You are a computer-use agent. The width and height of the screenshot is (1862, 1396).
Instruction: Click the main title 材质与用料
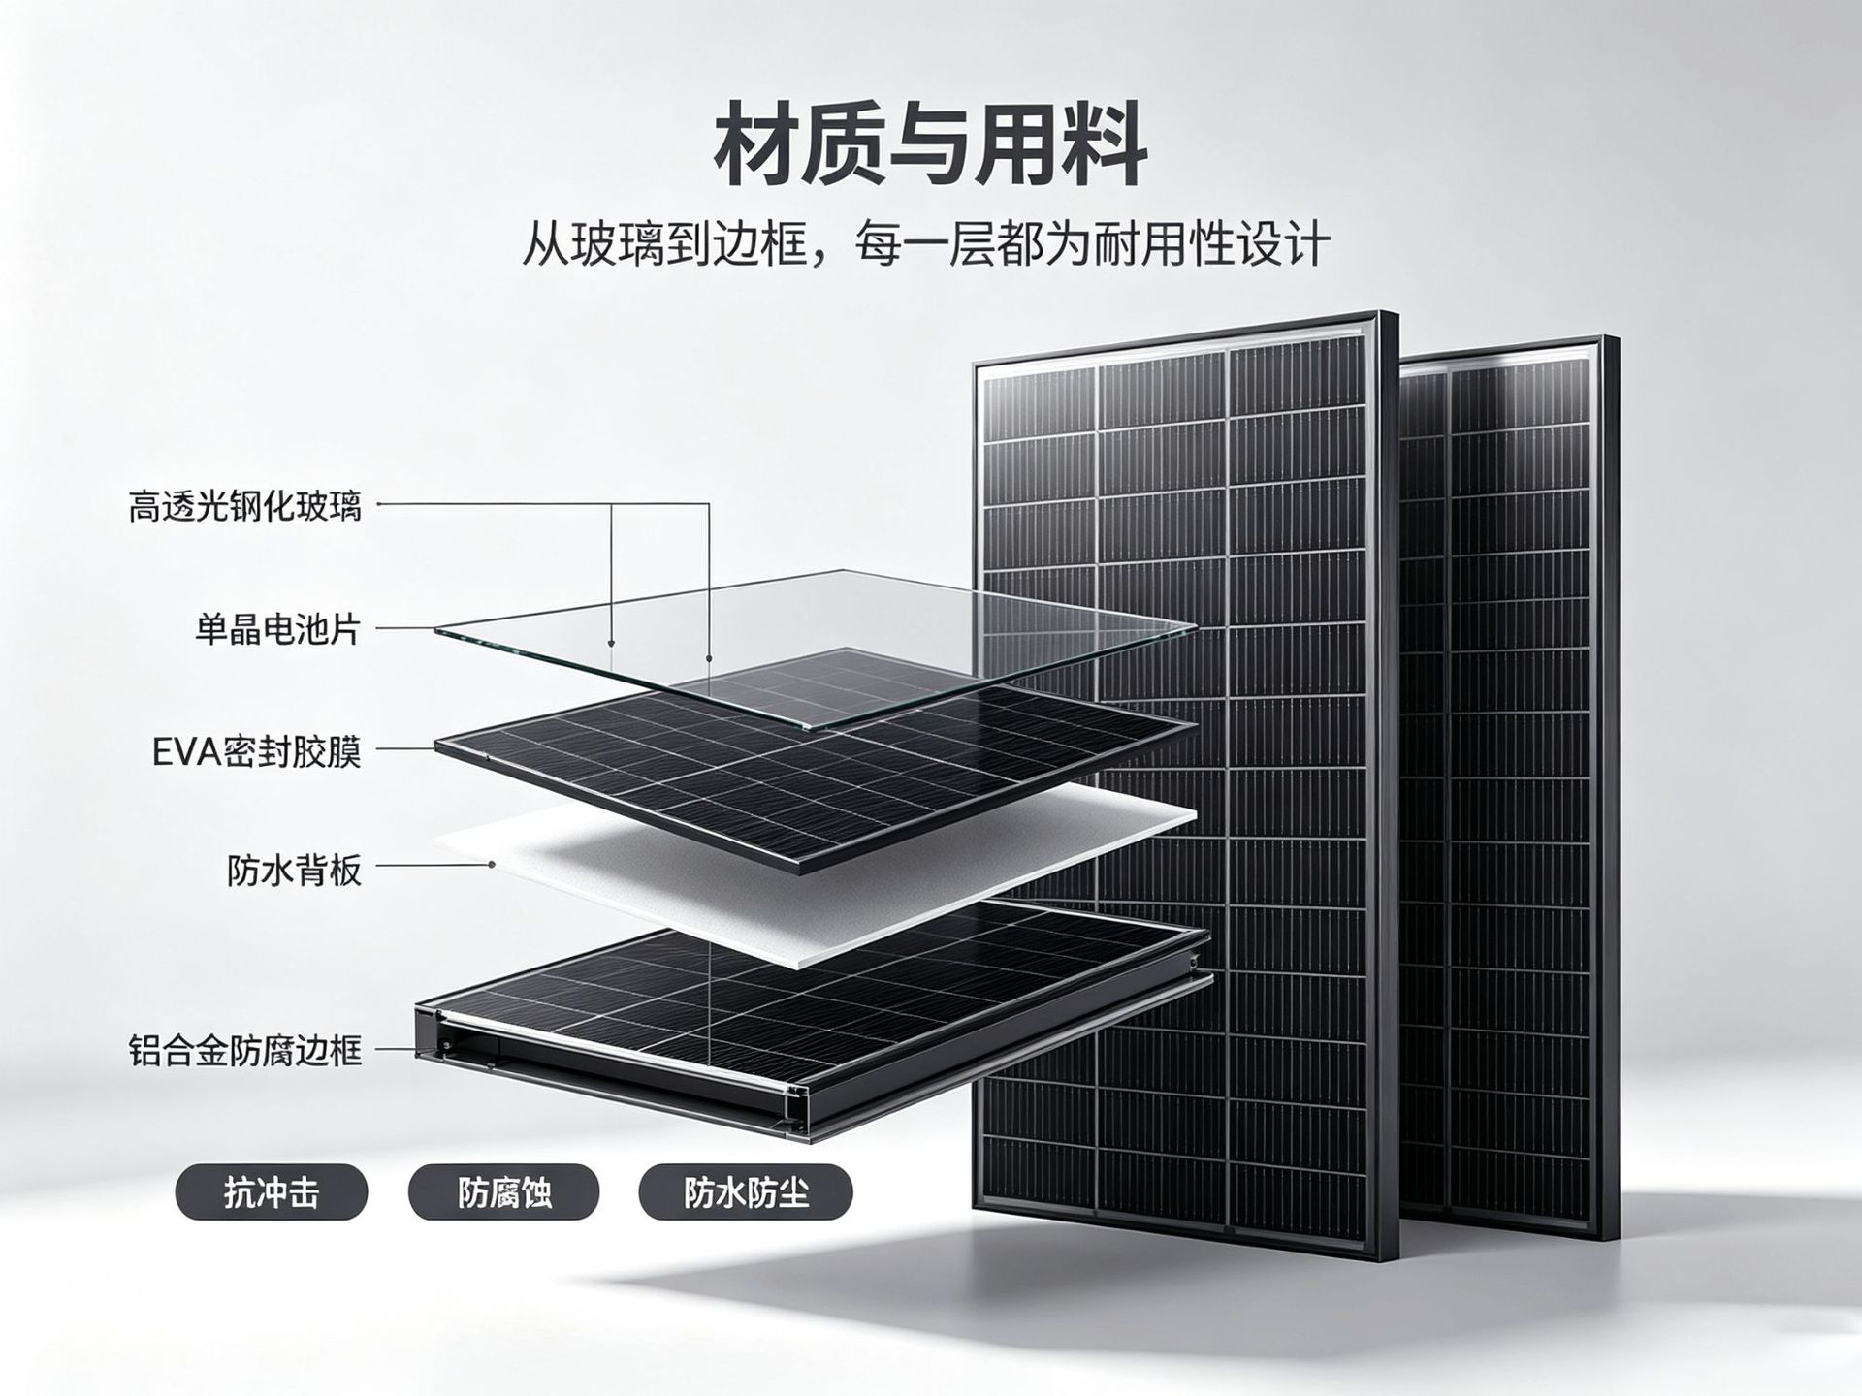coord(931,145)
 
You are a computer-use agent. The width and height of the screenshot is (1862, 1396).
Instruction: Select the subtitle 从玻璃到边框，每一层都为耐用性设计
coord(926,243)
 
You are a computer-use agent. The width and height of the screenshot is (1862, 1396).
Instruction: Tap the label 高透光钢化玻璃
coord(244,506)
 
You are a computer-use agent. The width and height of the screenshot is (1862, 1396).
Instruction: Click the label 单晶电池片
coord(277,629)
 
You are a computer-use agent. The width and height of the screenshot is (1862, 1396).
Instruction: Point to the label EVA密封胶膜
coord(256,751)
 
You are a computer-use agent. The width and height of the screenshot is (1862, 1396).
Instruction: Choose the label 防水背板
coord(294,871)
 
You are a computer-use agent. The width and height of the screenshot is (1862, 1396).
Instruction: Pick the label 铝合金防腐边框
coord(244,1050)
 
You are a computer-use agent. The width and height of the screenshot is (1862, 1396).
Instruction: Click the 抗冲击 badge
coord(272,1192)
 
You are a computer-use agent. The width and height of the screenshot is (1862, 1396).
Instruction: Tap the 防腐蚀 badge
coord(504,1192)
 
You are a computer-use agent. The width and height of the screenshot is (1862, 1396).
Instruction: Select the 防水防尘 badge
coord(746,1192)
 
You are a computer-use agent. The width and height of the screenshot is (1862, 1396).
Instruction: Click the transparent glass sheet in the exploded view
coord(815,648)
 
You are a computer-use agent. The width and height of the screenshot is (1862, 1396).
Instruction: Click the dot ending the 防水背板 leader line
coord(492,863)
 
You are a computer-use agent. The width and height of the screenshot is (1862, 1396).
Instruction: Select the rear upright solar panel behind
coord(1513,776)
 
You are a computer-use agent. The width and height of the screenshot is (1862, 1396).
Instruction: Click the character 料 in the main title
coord(1105,145)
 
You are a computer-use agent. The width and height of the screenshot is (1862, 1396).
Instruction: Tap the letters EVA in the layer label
coord(188,752)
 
